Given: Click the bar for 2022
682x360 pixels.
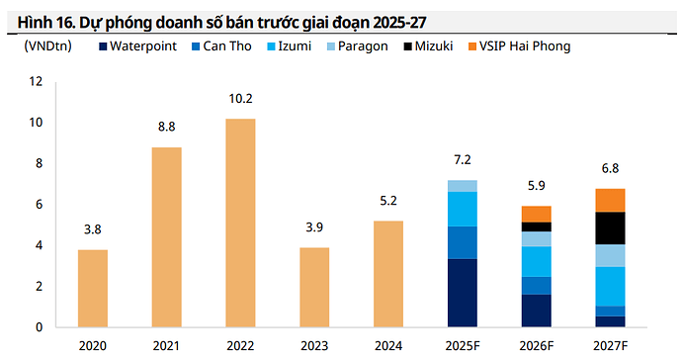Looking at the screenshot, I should tap(240, 223).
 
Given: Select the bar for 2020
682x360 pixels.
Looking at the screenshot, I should tap(92, 288).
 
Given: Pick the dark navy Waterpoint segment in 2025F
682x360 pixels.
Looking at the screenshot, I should tap(462, 293).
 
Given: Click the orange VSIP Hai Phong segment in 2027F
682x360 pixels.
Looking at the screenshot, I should tap(610, 200).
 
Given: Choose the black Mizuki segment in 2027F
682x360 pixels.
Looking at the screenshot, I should tap(610, 227).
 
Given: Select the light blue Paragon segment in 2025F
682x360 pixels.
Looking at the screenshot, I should tap(462, 186).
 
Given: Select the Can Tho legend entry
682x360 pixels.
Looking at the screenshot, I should tap(220, 45).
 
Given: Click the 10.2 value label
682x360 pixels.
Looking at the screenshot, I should tap(240, 99).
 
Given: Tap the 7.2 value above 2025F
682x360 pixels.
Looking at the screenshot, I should tap(462, 160).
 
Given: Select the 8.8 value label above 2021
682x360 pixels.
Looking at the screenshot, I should tap(166, 127).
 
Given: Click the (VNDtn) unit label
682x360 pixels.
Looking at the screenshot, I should tap(45, 45).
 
